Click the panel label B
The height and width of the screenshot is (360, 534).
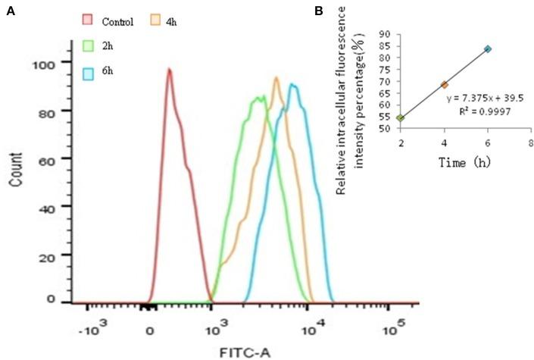tap(319, 11)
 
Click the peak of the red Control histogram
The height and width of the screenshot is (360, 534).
tap(169, 70)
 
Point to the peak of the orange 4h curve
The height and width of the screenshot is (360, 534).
tap(276, 77)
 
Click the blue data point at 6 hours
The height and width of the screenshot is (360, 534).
tap(488, 49)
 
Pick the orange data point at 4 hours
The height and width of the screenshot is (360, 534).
tap(444, 84)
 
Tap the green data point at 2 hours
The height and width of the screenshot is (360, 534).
tap(400, 118)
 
